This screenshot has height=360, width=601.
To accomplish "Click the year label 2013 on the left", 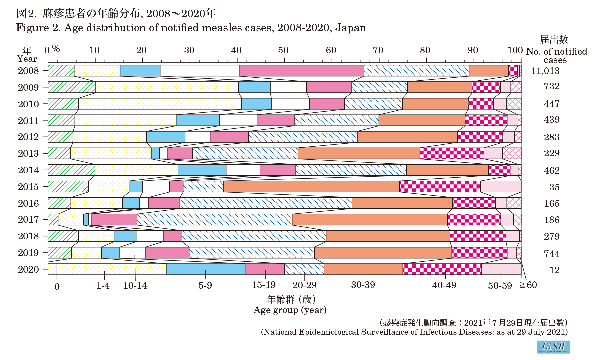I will pos(28,153).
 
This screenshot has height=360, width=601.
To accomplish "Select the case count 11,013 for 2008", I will pos(545,71).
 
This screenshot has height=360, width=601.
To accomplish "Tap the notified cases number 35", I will pos(554,187).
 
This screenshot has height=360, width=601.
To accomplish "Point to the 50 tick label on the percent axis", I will pos(283,50).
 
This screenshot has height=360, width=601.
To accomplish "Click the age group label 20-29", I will pos(304,285).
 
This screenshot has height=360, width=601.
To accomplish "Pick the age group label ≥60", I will pos(528,285).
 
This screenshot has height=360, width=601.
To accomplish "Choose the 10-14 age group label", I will pos(135,286).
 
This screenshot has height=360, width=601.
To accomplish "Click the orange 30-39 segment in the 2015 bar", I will pos(311,187).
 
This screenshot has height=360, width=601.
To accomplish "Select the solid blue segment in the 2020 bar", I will pos(205,269).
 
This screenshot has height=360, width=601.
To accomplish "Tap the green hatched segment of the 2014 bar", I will pos(71,170).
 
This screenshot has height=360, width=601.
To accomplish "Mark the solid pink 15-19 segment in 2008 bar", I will pos(301,71).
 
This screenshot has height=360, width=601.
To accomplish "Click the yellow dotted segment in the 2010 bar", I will pos(160,104).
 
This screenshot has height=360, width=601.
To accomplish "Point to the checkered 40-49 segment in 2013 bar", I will pos(452,153).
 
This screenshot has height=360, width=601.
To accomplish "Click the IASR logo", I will pos(553,347).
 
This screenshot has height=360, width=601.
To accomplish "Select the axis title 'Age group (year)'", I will pos(290,310).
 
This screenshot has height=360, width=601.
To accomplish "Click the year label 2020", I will pos(28,269).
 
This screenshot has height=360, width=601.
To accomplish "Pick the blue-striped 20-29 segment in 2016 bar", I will pos(266,203).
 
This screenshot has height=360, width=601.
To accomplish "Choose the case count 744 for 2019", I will pos(552,254).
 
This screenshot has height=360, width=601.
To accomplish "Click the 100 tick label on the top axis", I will pos(515,50).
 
